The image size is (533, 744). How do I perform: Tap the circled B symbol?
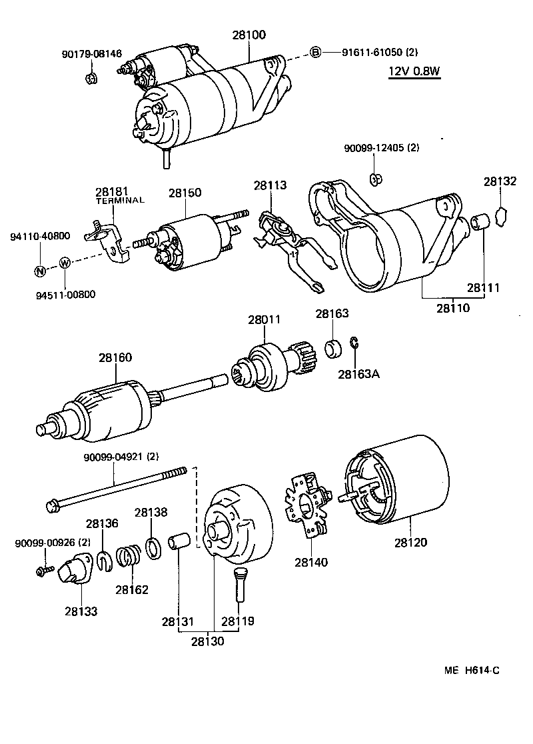(x=316, y=52)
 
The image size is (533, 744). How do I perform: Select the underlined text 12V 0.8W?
(x=414, y=72)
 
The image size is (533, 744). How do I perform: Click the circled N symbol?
(x=41, y=271)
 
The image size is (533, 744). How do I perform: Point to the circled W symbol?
(x=65, y=263)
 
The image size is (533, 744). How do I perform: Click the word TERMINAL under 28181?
(x=120, y=200)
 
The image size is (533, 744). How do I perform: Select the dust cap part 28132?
(x=502, y=216)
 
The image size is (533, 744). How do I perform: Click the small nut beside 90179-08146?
(x=91, y=79)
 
